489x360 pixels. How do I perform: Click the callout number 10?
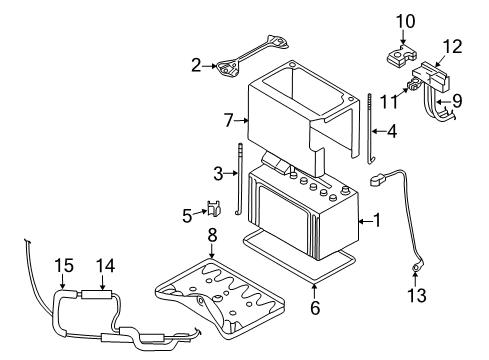405,21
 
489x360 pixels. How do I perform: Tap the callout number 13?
417,295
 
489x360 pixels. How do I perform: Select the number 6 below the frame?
315,307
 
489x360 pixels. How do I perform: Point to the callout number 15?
64,266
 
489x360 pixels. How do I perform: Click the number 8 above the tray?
212,235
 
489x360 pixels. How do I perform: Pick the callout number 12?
453,47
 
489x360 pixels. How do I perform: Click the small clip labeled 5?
214,208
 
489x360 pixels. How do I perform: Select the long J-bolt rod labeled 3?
239,180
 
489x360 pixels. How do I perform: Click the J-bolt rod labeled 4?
370,128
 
